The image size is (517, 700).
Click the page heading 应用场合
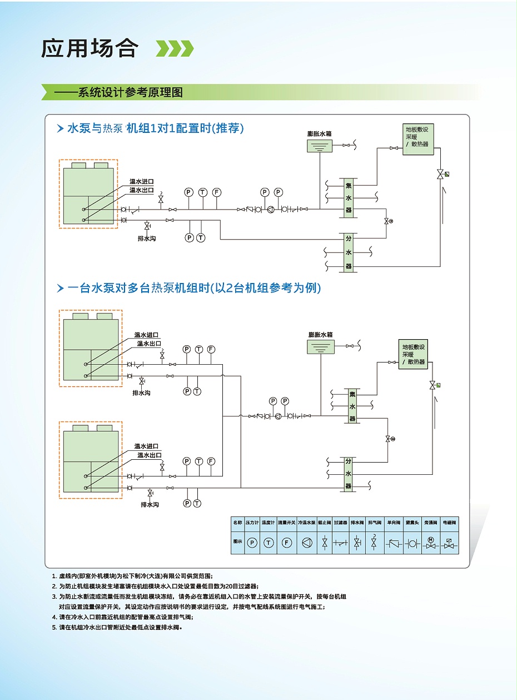tap(89, 48)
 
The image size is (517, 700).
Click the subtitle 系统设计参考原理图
tap(130, 92)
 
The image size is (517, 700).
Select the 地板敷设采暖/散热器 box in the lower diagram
tap(413, 354)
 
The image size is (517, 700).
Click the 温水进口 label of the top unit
tap(141, 181)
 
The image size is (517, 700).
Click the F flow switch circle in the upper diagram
tap(216, 192)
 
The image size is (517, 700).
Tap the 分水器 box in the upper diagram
tap(349, 252)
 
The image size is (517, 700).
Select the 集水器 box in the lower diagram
tap(352, 406)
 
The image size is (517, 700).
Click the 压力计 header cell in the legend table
tap(252, 523)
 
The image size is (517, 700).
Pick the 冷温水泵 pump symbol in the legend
tap(306, 543)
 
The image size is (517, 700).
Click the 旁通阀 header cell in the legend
tap(431, 523)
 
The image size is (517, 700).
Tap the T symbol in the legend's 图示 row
tap(269, 543)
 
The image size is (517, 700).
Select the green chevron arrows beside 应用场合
tap(175, 48)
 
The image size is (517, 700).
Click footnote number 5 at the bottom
tap(54, 627)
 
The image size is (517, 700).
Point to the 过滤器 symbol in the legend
tap(341, 543)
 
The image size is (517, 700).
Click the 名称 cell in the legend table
tap(237, 523)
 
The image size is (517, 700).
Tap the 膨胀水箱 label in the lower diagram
tap(320, 335)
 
